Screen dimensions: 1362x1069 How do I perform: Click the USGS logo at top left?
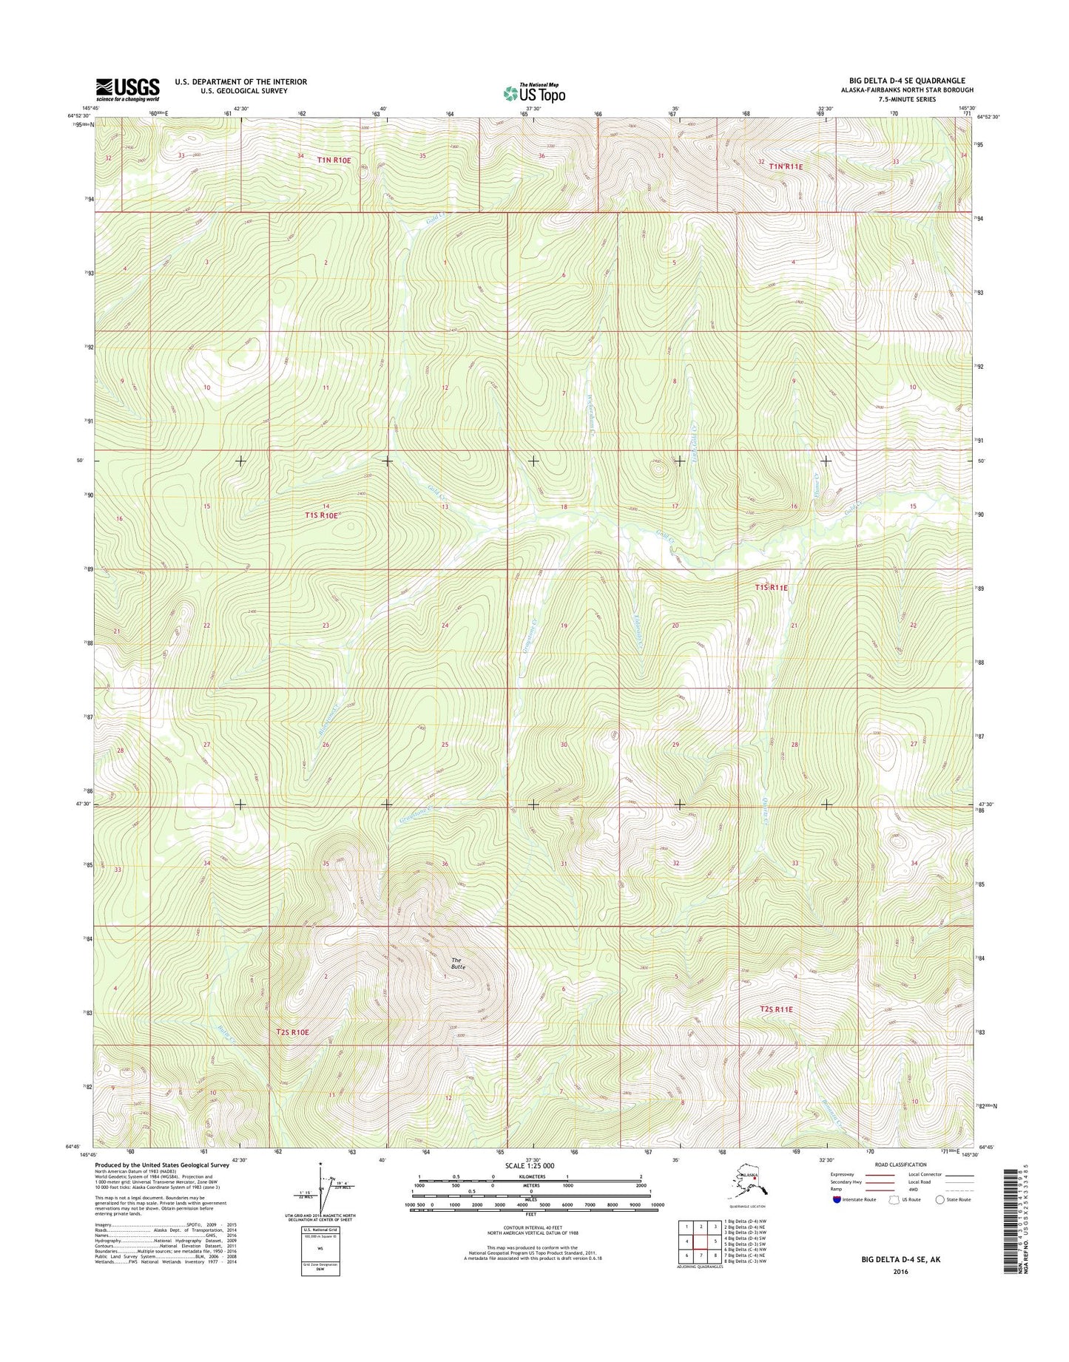click(127, 89)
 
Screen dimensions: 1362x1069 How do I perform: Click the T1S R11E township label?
click(772, 587)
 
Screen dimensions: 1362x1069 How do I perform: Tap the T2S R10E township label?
click(291, 1031)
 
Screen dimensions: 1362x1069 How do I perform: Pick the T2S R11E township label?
click(775, 1009)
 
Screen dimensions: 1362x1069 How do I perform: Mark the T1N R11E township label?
click(786, 167)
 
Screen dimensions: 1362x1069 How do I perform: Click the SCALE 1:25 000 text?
click(530, 1166)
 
